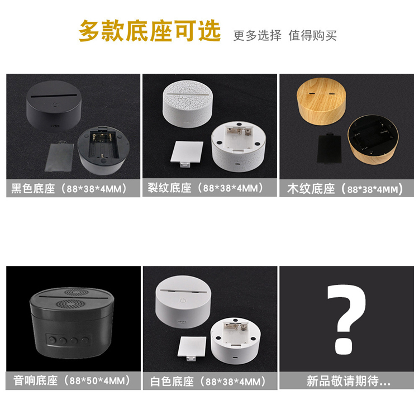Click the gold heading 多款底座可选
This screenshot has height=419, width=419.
[150, 31]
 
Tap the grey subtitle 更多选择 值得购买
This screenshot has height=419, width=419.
[285, 36]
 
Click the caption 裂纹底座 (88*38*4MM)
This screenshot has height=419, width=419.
[206, 188]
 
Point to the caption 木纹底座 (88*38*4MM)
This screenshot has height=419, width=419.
[345, 189]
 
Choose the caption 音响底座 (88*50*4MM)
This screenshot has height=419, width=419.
[72, 380]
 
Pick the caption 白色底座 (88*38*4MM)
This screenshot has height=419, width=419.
[208, 382]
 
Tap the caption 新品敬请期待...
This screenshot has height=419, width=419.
[349, 381]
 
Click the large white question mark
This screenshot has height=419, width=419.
[346, 320]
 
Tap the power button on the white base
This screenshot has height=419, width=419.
[183, 301]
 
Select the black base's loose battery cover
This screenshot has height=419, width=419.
[59, 157]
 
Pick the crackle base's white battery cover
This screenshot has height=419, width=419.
[187, 154]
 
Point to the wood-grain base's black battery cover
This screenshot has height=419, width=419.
[330, 149]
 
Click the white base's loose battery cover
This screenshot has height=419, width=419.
[192, 347]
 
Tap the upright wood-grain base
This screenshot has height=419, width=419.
[321, 101]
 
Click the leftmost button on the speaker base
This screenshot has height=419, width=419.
[51, 340]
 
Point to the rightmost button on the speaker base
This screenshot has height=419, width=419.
[85, 340]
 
